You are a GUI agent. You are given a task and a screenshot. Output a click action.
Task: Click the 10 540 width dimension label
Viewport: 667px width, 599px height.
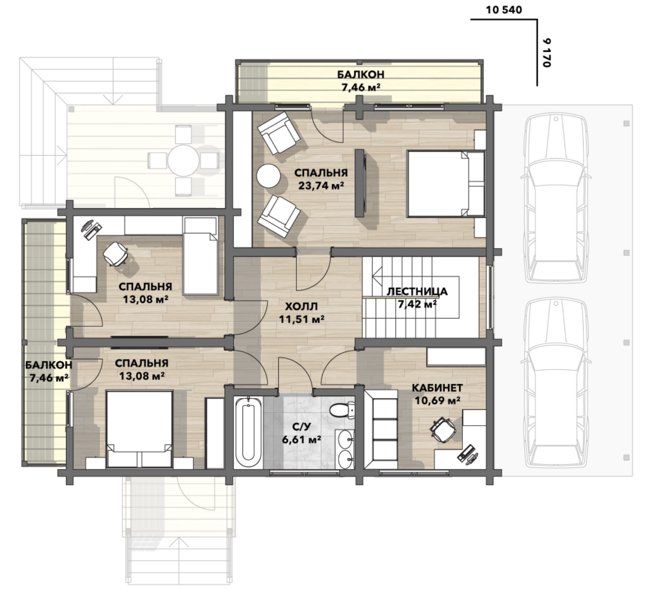[504, 10]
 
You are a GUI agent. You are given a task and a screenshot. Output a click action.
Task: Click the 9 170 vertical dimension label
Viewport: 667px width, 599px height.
[547, 53]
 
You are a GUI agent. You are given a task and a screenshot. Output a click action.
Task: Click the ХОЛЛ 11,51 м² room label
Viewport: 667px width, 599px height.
[301, 313]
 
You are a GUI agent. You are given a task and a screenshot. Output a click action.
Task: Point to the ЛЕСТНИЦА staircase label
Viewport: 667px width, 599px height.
[417, 292]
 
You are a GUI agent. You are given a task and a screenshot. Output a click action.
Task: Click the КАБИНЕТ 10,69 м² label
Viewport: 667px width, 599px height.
[437, 394]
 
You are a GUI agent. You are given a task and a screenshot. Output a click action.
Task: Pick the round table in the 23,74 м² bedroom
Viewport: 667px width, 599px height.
[268, 176]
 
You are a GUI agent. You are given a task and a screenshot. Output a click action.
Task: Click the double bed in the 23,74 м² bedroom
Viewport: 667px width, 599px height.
[446, 184]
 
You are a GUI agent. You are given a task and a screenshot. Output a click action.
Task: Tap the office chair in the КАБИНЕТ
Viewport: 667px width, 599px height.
[443, 429]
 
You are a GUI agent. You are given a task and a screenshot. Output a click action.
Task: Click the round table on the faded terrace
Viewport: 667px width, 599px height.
[183, 160]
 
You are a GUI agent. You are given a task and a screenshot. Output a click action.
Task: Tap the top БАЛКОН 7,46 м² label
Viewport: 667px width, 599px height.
[361, 81]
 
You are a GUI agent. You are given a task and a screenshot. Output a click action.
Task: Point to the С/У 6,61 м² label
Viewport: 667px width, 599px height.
[301, 433]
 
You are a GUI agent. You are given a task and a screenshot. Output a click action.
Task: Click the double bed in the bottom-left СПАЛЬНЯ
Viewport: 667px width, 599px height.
[139, 429]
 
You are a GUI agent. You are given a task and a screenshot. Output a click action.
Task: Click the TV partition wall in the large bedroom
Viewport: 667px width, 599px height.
[360, 183]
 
